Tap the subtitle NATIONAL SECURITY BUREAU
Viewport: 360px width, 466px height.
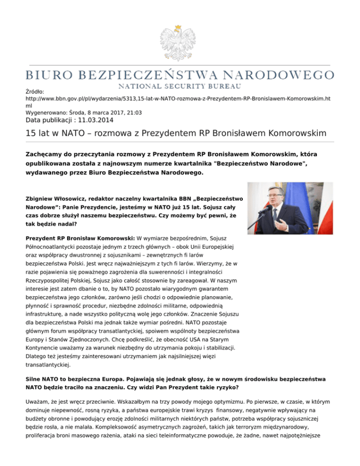(x=180, y=86)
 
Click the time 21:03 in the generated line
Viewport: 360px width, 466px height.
(x=134, y=113)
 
